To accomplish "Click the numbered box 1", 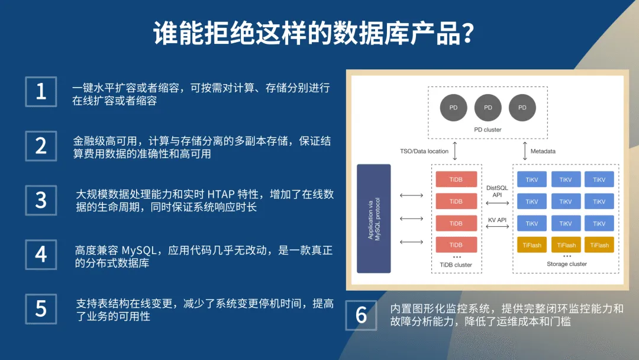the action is [x=41, y=92].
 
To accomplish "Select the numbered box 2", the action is [x=41, y=146].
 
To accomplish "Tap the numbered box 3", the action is [x=41, y=200].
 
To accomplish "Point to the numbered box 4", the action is [x=41, y=254].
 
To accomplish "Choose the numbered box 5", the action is [x=41, y=308].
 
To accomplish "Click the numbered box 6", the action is [x=361, y=315].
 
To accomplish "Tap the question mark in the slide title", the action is [x=467, y=34].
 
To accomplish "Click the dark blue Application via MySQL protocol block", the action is [x=374, y=218].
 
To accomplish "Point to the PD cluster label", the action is [x=488, y=130].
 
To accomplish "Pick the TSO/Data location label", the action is [x=424, y=151].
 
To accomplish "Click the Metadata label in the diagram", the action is [x=543, y=151].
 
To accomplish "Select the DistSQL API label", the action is [x=497, y=191].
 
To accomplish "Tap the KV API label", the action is [x=497, y=220].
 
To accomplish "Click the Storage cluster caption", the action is [x=566, y=264].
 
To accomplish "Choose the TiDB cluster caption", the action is [x=456, y=265].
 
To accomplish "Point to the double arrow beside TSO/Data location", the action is [x=455, y=150].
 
